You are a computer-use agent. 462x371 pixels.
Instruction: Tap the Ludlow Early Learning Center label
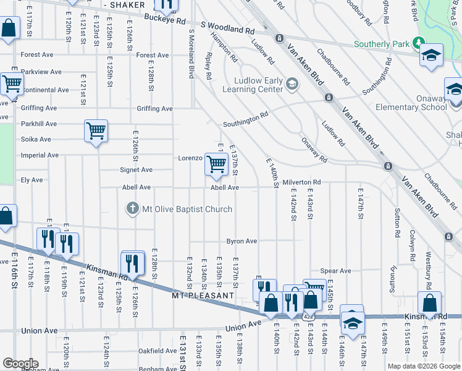point(258,85)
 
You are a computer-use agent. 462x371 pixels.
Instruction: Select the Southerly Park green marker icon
point(418,44)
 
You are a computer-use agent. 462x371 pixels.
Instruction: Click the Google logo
point(20,364)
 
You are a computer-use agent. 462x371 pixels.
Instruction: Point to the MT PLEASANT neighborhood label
point(203,296)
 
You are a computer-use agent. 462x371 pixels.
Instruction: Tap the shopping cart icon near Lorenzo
point(216,164)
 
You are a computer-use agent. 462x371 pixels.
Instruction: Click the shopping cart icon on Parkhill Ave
point(96,130)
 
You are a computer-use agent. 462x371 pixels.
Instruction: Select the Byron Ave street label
point(241,241)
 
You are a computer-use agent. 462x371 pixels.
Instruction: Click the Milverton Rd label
point(301,182)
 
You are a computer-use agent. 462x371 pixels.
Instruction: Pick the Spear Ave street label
point(335,271)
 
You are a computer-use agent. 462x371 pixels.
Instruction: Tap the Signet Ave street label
point(136,170)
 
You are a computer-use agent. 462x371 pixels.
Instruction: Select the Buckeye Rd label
point(165,21)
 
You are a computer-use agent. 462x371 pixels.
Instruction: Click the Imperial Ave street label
point(40,155)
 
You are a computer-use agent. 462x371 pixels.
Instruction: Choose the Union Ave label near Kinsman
point(244,326)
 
